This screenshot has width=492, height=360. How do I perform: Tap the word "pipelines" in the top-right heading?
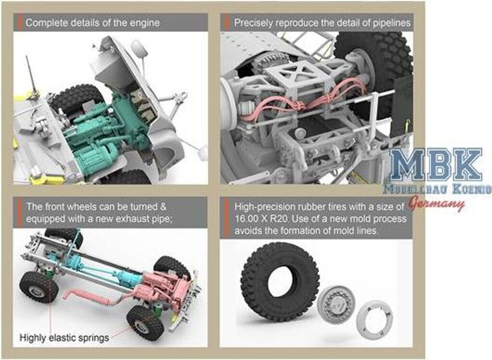(392, 23)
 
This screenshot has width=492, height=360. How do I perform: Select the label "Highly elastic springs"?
(64, 338)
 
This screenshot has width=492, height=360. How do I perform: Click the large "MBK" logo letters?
(435, 165)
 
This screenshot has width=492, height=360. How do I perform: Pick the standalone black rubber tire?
(280, 282)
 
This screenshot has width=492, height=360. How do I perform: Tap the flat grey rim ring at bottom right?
(375, 320)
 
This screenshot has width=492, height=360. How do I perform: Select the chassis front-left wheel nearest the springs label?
(39, 287)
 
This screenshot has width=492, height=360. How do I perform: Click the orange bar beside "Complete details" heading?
(20, 23)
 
